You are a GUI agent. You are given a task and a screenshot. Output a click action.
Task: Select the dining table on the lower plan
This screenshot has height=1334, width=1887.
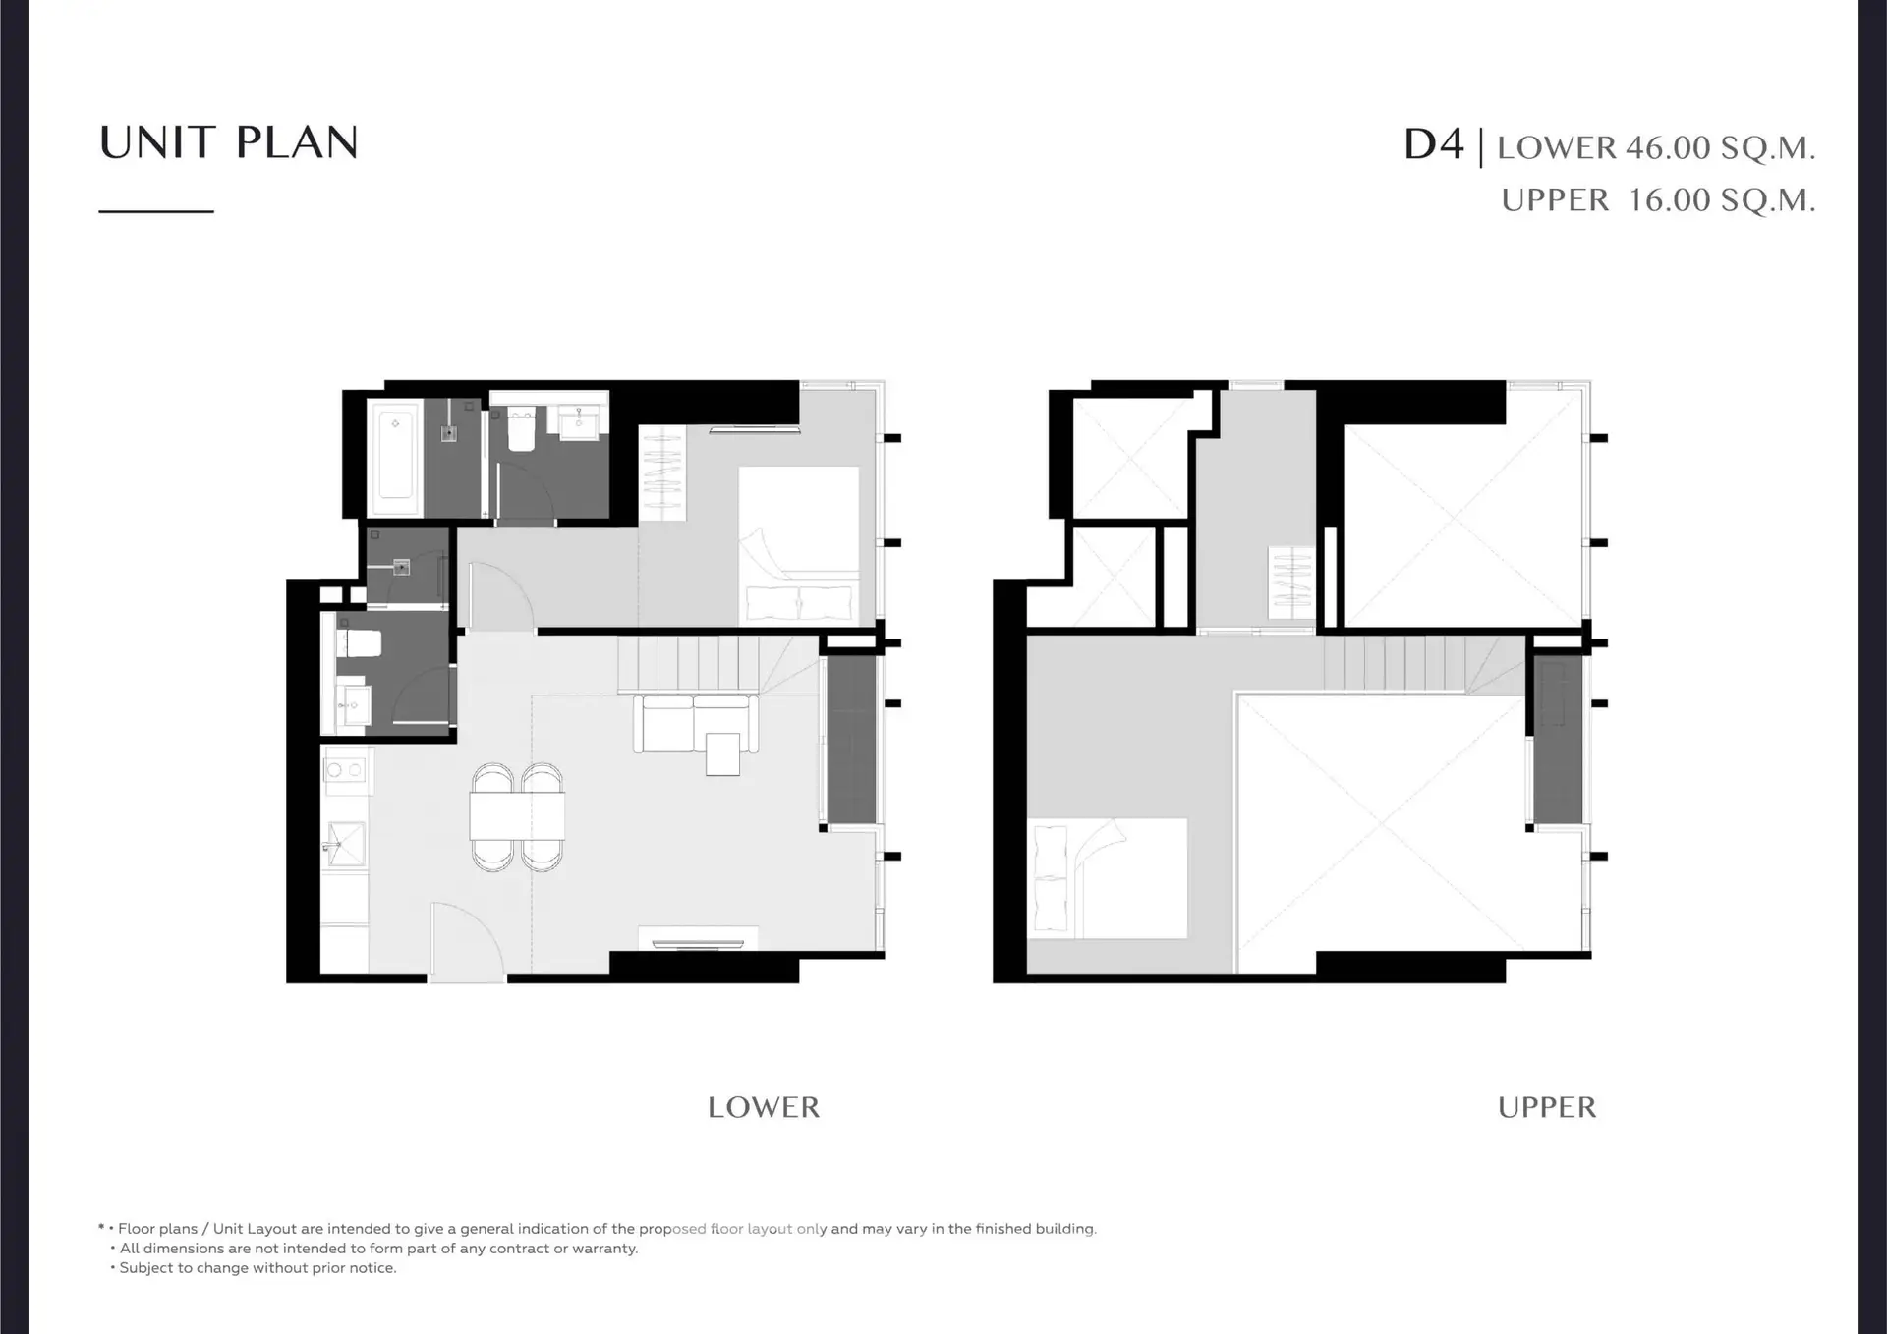coord(517,815)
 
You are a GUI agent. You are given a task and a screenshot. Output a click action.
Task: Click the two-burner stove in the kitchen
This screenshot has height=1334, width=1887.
coord(344,770)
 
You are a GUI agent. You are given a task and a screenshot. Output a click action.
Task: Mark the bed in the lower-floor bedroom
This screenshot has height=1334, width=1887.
coord(798,544)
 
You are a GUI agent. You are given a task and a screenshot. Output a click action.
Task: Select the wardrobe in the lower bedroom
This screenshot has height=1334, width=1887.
coord(662,474)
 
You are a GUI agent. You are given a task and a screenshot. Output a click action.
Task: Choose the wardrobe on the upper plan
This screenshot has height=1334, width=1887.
coord(1290,583)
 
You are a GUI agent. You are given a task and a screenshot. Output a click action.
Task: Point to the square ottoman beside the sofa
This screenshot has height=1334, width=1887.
coord(722,753)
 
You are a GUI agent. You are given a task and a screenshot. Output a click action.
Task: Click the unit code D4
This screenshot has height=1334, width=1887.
coord(1434,144)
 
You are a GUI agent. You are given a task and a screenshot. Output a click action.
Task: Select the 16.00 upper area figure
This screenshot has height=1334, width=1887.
coord(1670,200)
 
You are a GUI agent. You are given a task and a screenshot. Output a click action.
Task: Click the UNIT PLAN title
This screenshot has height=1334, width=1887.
coord(229,142)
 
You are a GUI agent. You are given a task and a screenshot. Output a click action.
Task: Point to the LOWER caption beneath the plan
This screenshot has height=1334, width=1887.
coord(764,1107)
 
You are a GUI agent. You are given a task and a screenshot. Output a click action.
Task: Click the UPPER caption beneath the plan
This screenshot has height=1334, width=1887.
coord(1547,1107)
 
